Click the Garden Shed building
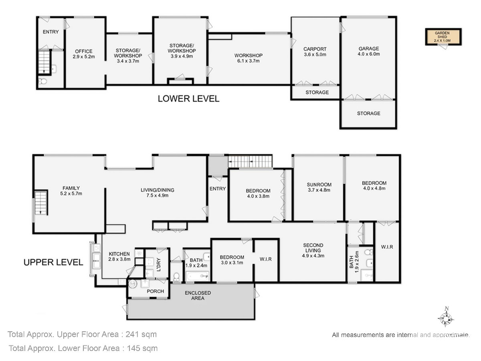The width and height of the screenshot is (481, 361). click(443, 37)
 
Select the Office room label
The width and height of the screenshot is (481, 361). click(84, 54)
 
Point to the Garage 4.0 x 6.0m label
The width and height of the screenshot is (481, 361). click(369, 51)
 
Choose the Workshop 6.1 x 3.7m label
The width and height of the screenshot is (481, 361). click(248, 58)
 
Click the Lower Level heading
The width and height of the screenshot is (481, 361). click(188, 99)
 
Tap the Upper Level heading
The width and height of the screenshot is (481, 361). click(53, 262)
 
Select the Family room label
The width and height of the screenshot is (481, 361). click(71, 191)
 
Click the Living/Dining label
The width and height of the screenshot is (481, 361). click(158, 193)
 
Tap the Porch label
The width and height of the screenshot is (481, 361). click(156, 291)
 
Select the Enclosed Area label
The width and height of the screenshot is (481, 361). click(198, 296)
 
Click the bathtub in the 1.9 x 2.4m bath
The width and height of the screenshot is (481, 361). click(198, 276)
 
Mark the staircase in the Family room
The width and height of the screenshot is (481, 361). click(41, 203)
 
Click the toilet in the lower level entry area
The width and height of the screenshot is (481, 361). click(43, 81)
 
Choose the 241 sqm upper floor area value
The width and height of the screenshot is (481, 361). click(141, 335)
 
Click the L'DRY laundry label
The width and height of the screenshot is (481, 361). click(159, 264)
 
